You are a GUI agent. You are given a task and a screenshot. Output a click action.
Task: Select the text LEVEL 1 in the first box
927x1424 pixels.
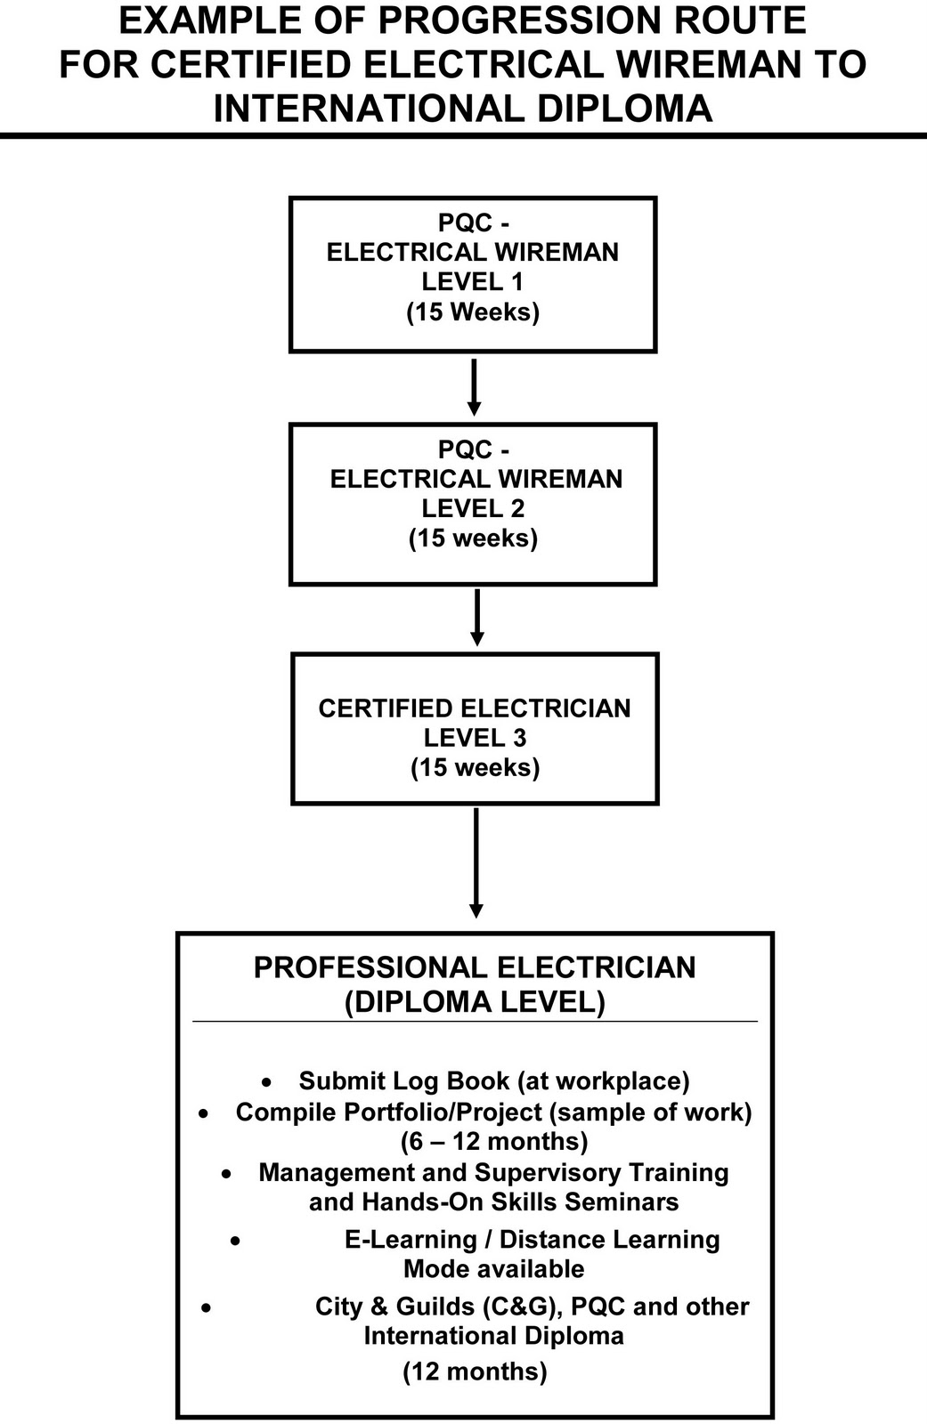point(473,282)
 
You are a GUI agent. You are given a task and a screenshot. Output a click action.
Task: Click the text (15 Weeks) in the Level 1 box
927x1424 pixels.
point(473,312)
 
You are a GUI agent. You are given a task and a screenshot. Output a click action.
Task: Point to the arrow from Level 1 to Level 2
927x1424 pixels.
point(474,387)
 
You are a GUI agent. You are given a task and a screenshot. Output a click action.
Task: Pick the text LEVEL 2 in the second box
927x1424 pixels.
point(473,509)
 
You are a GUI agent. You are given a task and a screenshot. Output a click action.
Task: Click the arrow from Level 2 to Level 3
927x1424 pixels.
point(476,618)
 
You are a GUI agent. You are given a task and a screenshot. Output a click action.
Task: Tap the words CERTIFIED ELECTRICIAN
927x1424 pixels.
point(475,708)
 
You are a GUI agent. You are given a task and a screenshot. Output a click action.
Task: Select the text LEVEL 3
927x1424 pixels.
point(475,738)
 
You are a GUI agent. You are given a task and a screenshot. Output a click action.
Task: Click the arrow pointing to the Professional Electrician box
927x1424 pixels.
point(476,863)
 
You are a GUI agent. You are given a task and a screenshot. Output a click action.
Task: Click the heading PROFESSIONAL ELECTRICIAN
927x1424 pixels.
point(475,967)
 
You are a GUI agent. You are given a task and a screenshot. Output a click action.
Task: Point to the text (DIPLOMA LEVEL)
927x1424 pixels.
point(475,1002)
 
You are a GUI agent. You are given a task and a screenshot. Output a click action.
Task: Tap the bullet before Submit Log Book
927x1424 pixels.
point(266,1083)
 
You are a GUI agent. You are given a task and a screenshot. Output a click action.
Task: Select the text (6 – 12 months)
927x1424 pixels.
point(494,1142)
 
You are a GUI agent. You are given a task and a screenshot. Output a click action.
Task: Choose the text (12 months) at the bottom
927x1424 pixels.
point(475,1371)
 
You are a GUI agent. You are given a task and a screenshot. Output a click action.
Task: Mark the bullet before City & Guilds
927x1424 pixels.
point(207,1308)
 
